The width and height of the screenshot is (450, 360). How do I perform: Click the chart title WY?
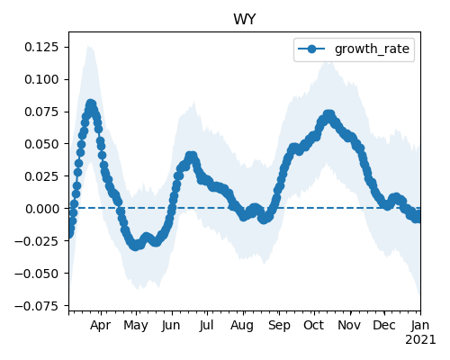(x=245, y=20)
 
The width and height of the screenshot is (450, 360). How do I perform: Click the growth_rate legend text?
(x=372, y=49)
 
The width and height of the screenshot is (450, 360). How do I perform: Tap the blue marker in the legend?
(x=311, y=49)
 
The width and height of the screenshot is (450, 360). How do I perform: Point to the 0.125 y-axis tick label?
(x=41, y=47)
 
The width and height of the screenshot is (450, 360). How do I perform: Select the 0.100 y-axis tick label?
(x=41, y=79)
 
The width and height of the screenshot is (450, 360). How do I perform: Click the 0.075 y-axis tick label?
(x=41, y=112)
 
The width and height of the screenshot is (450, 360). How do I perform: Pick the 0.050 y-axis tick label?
(x=41, y=144)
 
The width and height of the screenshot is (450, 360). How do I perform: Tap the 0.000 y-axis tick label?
(x=41, y=209)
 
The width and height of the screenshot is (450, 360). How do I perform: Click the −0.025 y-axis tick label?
(x=37, y=241)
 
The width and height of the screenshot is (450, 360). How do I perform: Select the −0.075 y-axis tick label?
(x=37, y=306)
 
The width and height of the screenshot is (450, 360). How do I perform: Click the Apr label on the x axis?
(x=101, y=326)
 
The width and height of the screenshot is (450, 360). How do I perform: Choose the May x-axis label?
(x=136, y=326)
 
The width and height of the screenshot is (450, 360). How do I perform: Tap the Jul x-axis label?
(x=207, y=325)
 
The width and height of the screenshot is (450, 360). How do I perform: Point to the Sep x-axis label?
(x=279, y=326)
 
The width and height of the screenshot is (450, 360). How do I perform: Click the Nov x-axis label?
(x=349, y=325)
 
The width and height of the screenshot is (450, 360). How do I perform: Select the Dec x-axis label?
(x=384, y=325)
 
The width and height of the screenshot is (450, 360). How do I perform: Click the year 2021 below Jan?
(x=420, y=340)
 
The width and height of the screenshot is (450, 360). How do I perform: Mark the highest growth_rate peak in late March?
(x=91, y=104)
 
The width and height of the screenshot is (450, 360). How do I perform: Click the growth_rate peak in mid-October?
(x=329, y=115)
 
